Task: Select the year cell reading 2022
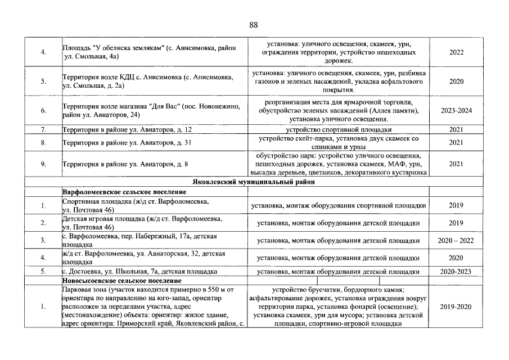point(456,52)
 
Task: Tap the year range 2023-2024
point(456,111)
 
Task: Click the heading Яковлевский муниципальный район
point(254,182)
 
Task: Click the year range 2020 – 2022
point(456,241)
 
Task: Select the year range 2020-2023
point(456,271)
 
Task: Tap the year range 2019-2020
point(456,307)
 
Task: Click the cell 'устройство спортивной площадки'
point(339,129)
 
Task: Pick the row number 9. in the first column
point(43,164)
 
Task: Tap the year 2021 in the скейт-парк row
point(456,143)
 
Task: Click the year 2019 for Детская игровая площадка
point(456,223)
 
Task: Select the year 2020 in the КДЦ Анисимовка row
point(456,82)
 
